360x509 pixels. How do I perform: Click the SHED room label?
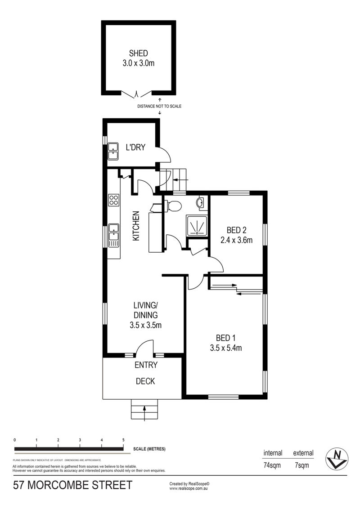[139, 53]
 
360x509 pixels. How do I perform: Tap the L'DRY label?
[135, 147]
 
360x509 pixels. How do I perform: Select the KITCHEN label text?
[136, 226]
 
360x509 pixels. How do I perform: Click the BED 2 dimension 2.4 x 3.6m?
[236, 240]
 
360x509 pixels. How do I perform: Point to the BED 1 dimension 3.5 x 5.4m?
[226, 348]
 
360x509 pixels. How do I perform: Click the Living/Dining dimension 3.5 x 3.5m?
[145, 325]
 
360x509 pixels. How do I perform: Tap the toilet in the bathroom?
[173, 205]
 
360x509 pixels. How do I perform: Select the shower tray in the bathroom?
[197, 225]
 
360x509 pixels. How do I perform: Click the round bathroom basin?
[201, 202]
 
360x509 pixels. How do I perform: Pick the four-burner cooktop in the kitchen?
[114, 200]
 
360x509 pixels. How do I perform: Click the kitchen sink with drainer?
[114, 235]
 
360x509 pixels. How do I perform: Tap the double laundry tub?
[113, 152]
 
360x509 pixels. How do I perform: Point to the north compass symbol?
[337, 459]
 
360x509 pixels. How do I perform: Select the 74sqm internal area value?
[272, 465]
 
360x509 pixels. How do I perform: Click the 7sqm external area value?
[302, 465]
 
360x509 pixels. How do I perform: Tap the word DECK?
[145, 381]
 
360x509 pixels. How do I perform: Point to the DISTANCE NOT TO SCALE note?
[159, 106]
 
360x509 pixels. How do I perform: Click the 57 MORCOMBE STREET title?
[73, 485]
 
